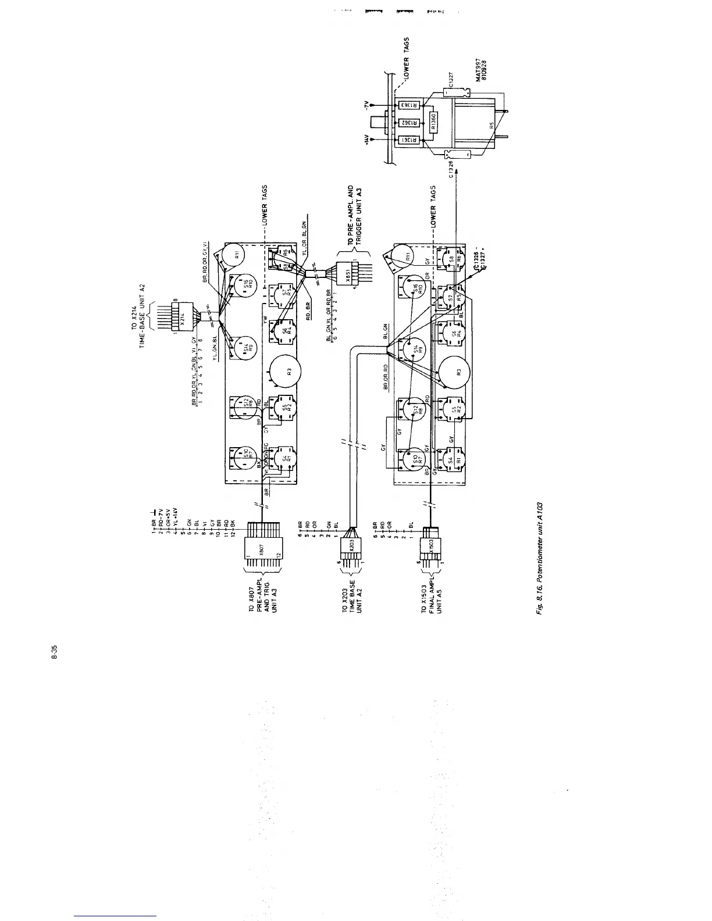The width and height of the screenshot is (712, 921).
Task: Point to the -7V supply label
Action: pyautogui.click(x=366, y=105)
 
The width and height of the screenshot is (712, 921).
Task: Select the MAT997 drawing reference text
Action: pyautogui.click(x=478, y=69)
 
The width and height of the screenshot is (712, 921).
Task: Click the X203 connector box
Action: pyautogui.click(x=352, y=545)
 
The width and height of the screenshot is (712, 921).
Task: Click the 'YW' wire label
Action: pyautogui.click(x=264, y=319)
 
